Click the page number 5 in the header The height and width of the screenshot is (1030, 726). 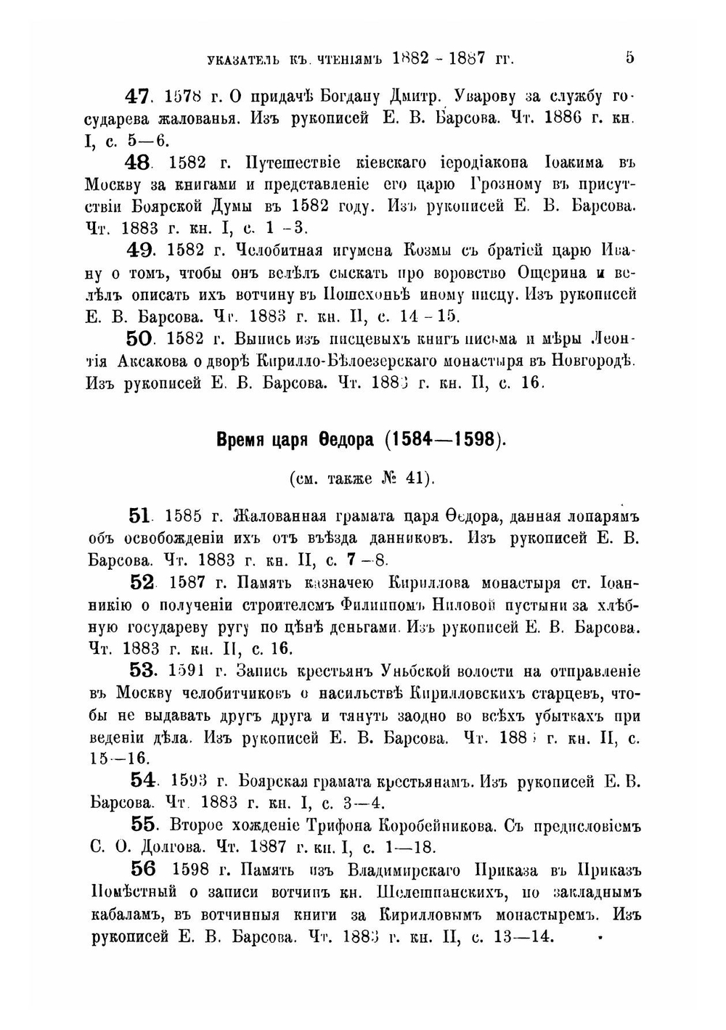pyautogui.click(x=629, y=57)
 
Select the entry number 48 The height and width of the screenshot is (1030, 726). pyautogui.click(x=137, y=163)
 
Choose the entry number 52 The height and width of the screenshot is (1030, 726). pyautogui.click(x=142, y=582)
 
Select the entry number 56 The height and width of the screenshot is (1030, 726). pyautogui.click(x=144, y=870)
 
